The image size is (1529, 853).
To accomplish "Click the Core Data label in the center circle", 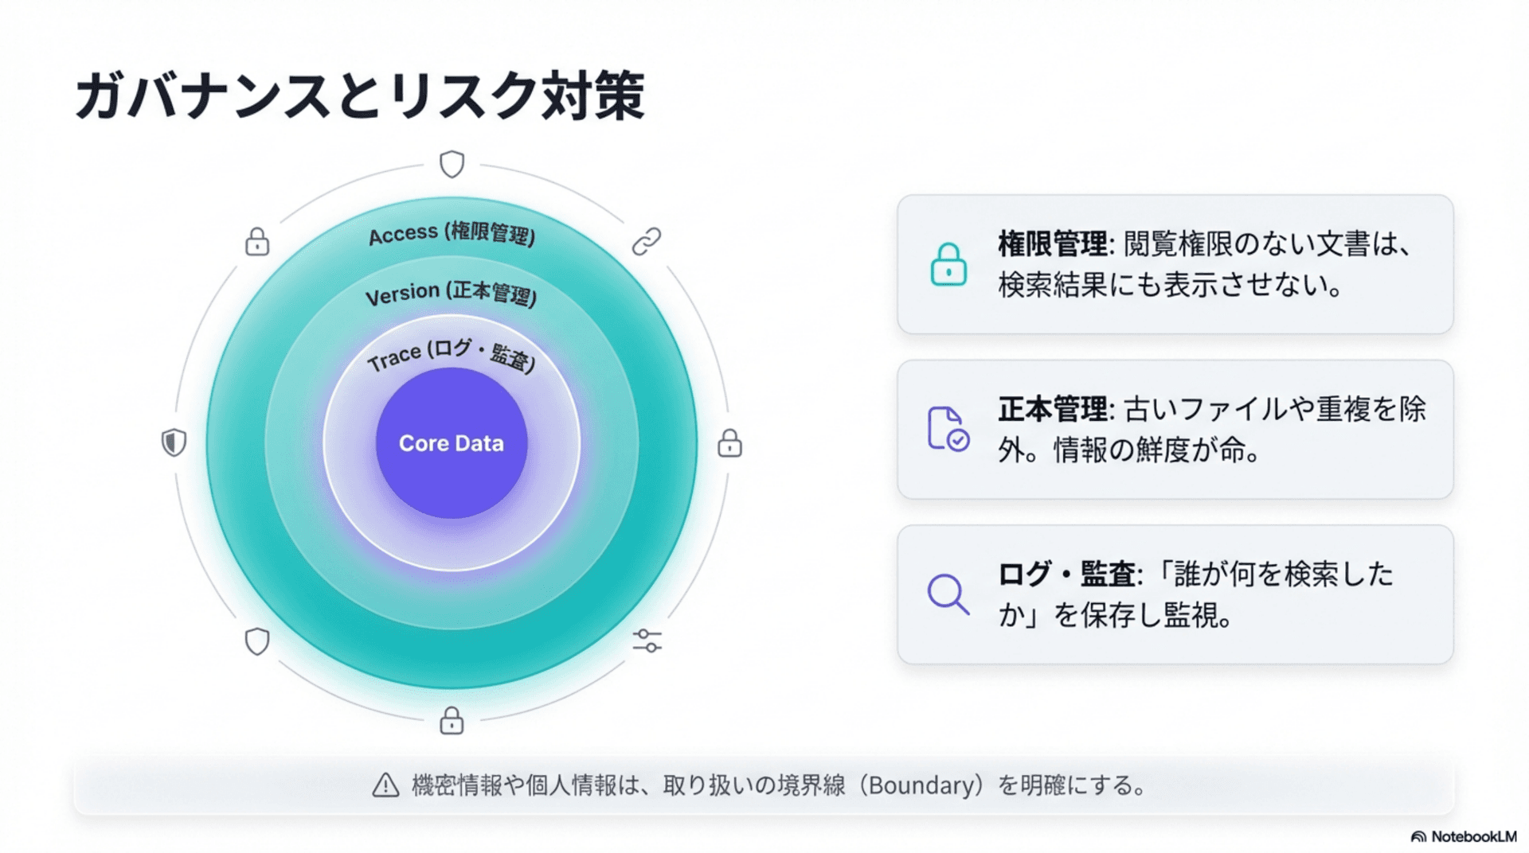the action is [451, 443].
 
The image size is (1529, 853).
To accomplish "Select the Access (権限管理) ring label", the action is [452, 234].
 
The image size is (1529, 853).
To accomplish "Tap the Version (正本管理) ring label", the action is [451, 294].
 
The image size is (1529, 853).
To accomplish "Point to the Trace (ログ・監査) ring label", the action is [451, 355].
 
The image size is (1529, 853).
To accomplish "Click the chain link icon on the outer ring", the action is [647, 241].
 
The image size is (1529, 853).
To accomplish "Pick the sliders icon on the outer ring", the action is [647, 641].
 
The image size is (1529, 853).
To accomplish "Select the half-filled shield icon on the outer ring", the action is [174, 442].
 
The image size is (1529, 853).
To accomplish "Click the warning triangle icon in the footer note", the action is [385, 785].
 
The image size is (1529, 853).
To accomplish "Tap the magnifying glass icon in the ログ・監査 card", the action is [948, 594].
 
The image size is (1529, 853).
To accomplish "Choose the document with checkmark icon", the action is [948, 429].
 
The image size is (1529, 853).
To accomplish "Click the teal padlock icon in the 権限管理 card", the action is [948, 264].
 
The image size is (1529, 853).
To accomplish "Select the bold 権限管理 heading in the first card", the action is [1052, 244].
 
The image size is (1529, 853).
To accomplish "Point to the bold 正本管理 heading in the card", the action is [1052, 410].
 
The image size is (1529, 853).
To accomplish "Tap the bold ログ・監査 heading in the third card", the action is [1066, 575].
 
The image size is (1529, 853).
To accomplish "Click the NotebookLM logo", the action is [1464, 836].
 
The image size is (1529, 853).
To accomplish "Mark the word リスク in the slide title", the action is [465, 95].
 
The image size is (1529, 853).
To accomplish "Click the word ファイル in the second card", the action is [1234, 410].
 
